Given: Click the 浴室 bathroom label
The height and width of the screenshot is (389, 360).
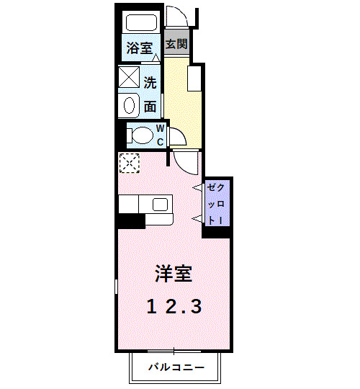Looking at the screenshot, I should (139, 48).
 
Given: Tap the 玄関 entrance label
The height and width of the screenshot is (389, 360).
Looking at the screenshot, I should (176, 44).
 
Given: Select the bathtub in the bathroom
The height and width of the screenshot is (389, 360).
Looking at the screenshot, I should (140, 24).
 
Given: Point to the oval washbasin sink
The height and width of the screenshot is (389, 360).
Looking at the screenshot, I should (130, 105).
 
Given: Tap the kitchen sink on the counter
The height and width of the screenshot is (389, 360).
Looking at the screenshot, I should (160, 204).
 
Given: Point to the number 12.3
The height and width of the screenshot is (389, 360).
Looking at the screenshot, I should (174, 306).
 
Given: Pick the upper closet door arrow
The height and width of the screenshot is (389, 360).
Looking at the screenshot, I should (197, 189).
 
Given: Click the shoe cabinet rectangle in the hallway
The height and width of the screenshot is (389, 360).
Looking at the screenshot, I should (194, 78).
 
